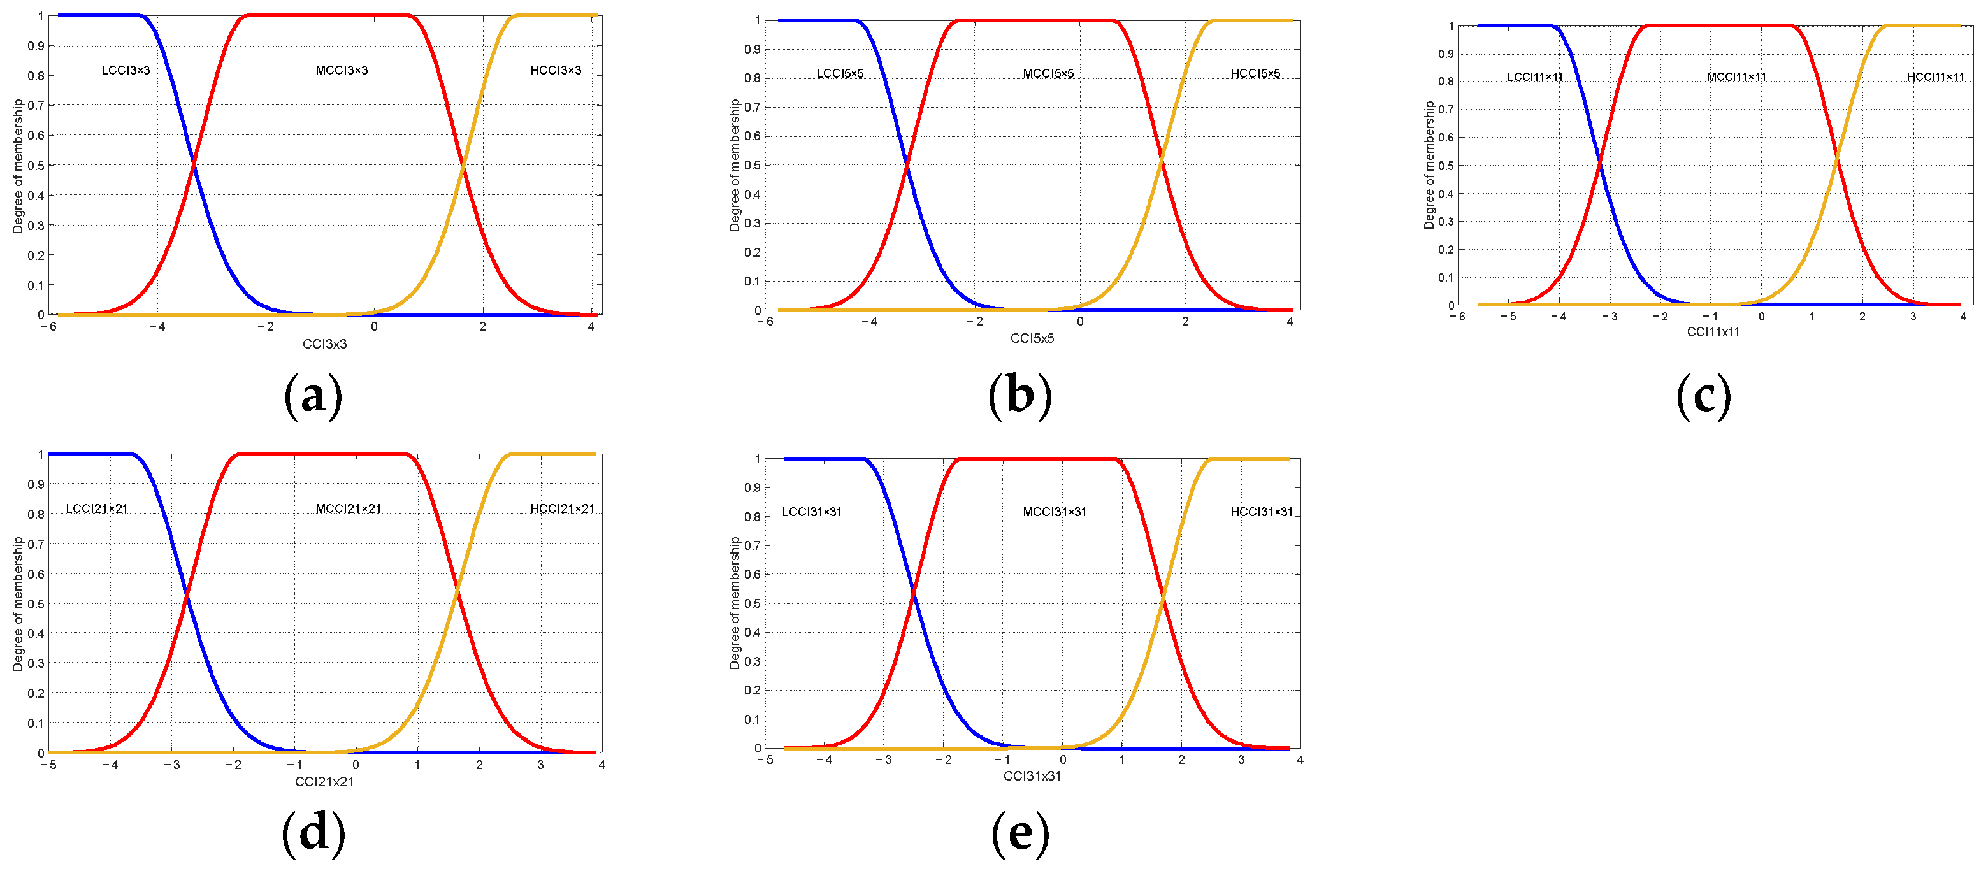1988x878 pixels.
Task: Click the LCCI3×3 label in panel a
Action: point(126,70)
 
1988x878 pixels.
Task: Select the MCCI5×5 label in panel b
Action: point(1048,73)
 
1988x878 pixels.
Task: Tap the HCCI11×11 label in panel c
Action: point(1934,76)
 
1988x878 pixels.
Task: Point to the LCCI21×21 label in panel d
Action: point(96,508)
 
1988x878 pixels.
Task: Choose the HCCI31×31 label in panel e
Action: point(1261,512)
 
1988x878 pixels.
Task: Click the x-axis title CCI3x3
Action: point(324,344)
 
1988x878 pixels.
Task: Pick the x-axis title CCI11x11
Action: point(1713,332)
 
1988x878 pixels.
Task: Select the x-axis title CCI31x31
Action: point(1032,775)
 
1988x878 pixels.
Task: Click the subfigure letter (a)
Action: point(313,396)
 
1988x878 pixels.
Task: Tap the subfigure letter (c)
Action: point(1703,396)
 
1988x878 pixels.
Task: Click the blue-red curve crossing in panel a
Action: point(194,164)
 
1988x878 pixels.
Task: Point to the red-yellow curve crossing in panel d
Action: point(458,590)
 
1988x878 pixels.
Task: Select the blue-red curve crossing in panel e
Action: point(914,593)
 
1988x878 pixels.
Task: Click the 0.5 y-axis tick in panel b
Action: point(752,165)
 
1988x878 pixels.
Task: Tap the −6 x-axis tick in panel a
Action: point(48,326)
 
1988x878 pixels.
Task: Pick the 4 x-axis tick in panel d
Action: point(601,765)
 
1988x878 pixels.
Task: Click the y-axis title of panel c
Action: point(1429,165)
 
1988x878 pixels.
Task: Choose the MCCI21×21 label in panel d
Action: point(348,508)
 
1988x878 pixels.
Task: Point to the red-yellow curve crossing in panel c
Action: point(1837,160)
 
